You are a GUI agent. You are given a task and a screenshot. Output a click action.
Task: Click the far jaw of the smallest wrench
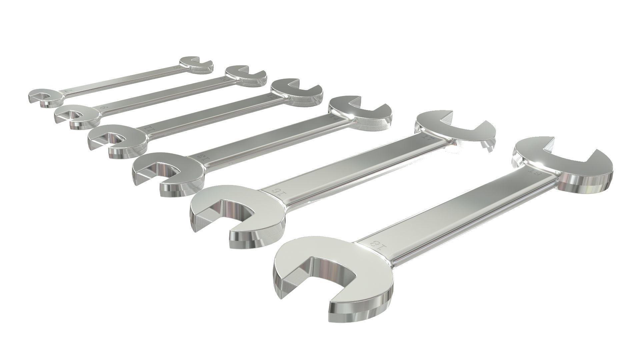tap(197, 63)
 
